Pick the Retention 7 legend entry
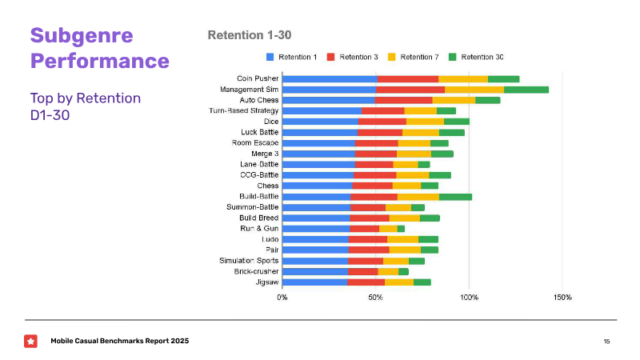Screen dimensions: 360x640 (415, 57)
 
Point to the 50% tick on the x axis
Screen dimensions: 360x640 (376, 298)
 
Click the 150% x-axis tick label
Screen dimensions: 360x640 (562, 298)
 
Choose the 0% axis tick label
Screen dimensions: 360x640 (282, 298)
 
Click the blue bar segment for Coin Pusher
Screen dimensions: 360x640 (330, 78)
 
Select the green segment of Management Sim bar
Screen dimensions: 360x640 (526, 90)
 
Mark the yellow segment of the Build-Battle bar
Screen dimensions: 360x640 (418, 196)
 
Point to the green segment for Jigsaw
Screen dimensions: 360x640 (422, 282)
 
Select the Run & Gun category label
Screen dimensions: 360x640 (259, 228)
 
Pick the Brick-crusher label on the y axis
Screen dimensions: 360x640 (257, 271)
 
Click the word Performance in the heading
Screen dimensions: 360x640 (99, 61)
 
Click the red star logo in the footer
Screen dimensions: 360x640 (30, 342)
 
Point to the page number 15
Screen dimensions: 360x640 (606, 342)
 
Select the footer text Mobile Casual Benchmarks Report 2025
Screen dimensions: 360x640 (120, 342)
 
